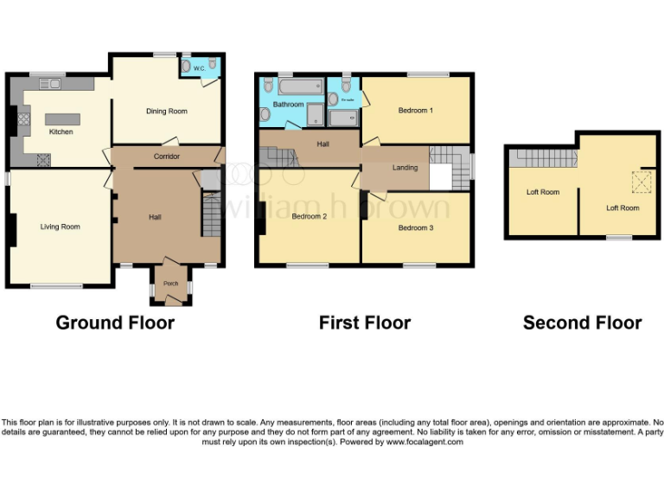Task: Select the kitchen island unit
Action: pyautogui.click(x=61, y=119)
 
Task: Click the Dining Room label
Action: pyautogui.click(x=166, y=112)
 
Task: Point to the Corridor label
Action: pyautogui.click(x=166, y=156)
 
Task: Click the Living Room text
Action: pyautogui.click(x=60, y=227)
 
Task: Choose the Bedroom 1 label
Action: pyautogui.click(x=415, y=111)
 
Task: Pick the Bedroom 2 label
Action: pyautogui.click(x=309, y=216)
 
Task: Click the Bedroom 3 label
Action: pyautogui.click(x=415, y=228)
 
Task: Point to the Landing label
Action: pyautogui.click(x=405, y=168)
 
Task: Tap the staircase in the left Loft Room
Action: pyautogui.click(x=542, y=159)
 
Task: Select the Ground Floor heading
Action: pyautogui.click(x=115, y=322)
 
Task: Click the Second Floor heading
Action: pyautogui.click(x=582, y=322)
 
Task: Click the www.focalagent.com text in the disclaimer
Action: pyautogui.click(x=424, y=442)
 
